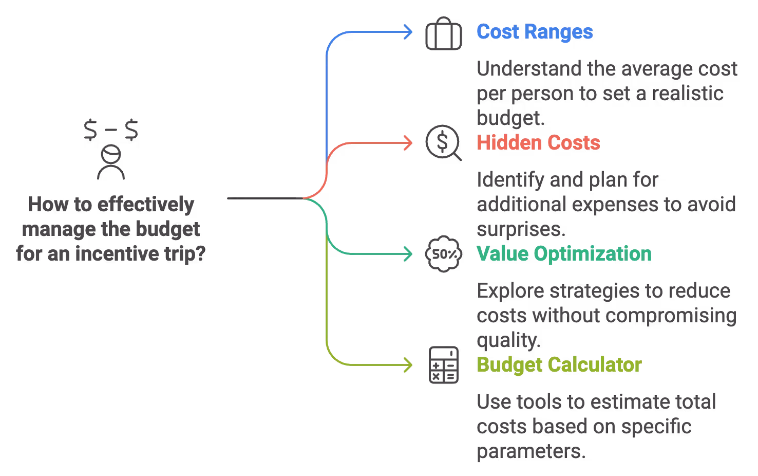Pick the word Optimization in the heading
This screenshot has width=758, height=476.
(x=593, y=254)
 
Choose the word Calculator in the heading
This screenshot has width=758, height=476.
(x=595, y=365)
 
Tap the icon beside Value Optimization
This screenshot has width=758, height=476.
(x=443, y=254)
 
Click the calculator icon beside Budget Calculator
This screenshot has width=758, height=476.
(x=443, y=365)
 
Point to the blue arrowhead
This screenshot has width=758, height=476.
(x=410, y=32)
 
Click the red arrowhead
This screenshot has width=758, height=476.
(x=410, y=143)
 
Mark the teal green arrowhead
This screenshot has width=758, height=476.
(x=410, y=254)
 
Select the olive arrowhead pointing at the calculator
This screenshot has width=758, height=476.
(x=410, y=365)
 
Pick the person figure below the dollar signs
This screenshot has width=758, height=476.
(x=111, y=162)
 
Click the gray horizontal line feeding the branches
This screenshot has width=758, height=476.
(x=262, y=198)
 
